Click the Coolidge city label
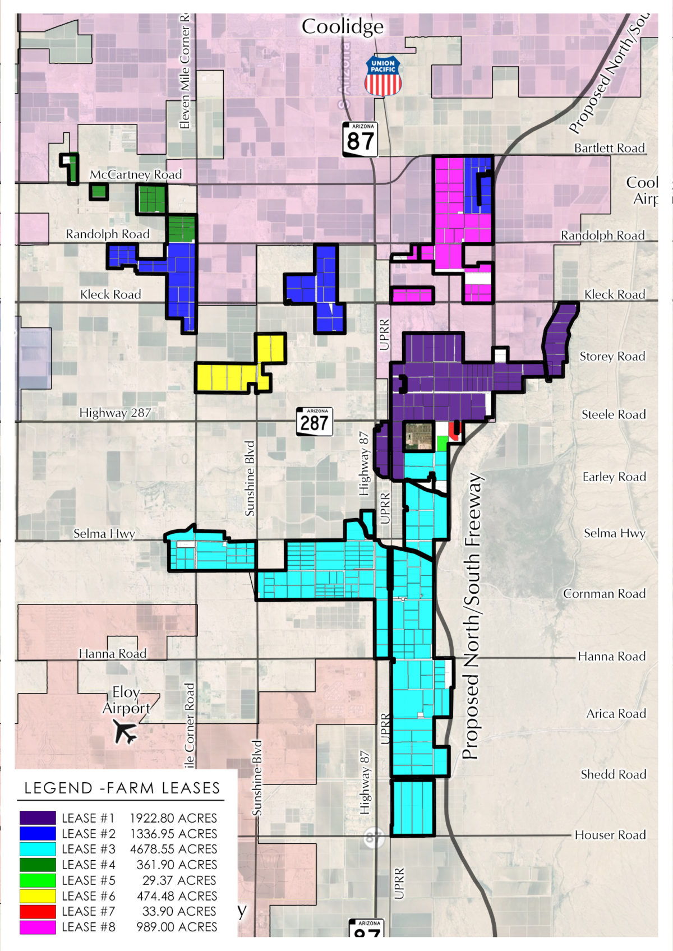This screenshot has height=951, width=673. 342,26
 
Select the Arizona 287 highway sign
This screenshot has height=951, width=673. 314,422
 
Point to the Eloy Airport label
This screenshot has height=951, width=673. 126,700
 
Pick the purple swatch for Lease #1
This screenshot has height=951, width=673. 38,818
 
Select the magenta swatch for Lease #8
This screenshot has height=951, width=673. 38,927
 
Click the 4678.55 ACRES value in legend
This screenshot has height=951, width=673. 173,849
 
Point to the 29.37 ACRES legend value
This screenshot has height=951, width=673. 179,880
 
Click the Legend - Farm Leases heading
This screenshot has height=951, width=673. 122,788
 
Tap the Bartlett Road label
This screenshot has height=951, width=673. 609,148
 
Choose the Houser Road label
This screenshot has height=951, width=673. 610,835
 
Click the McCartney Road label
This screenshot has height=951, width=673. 136,174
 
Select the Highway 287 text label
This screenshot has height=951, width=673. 115,413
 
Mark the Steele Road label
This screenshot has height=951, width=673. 614,414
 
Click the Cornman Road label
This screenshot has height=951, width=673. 605,593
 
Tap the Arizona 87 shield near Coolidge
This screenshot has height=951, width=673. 360,139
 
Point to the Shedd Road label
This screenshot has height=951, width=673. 614,774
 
